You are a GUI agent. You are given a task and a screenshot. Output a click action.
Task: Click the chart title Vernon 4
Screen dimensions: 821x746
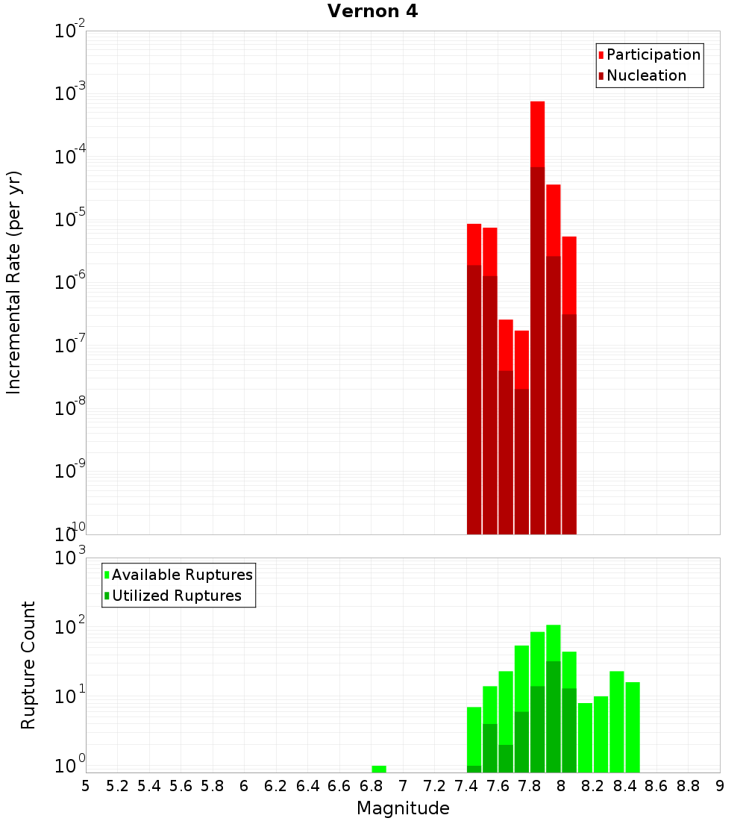(x=372, y=11)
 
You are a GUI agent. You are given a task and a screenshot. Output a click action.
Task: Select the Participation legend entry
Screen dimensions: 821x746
(x=653, y=54)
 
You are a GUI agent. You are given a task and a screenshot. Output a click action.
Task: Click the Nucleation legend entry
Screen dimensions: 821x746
(x=645, y=75)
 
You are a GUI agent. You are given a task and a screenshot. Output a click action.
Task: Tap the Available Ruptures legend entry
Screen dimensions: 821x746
(x=181, y=575)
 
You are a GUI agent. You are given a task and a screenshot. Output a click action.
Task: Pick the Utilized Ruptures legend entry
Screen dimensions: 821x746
(x=176, y=596)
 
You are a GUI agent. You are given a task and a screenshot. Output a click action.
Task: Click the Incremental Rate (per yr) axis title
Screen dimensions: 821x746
(x=14, y=282)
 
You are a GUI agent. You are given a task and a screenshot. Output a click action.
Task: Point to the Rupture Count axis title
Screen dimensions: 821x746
(x=28, y=664)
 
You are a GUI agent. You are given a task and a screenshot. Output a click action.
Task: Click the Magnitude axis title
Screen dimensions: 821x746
(x=403, y=808)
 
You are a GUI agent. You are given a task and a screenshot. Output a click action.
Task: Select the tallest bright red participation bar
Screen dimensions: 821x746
(x=537, y=134)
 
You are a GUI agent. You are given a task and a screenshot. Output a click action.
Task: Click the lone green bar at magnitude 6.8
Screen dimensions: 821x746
(x=379, y=769)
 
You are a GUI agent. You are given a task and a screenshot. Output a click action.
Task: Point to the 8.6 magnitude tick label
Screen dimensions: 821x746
(x=656, y=785)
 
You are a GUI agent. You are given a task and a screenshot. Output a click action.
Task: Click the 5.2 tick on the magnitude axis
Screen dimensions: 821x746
(x=117, y=785)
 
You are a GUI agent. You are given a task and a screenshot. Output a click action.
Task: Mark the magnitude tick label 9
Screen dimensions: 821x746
(x=720, y=785)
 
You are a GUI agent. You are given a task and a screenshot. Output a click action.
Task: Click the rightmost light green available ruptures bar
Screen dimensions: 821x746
(x=633, y=728)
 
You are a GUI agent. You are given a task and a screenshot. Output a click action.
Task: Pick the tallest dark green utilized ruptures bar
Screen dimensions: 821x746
(x=553, y=717)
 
